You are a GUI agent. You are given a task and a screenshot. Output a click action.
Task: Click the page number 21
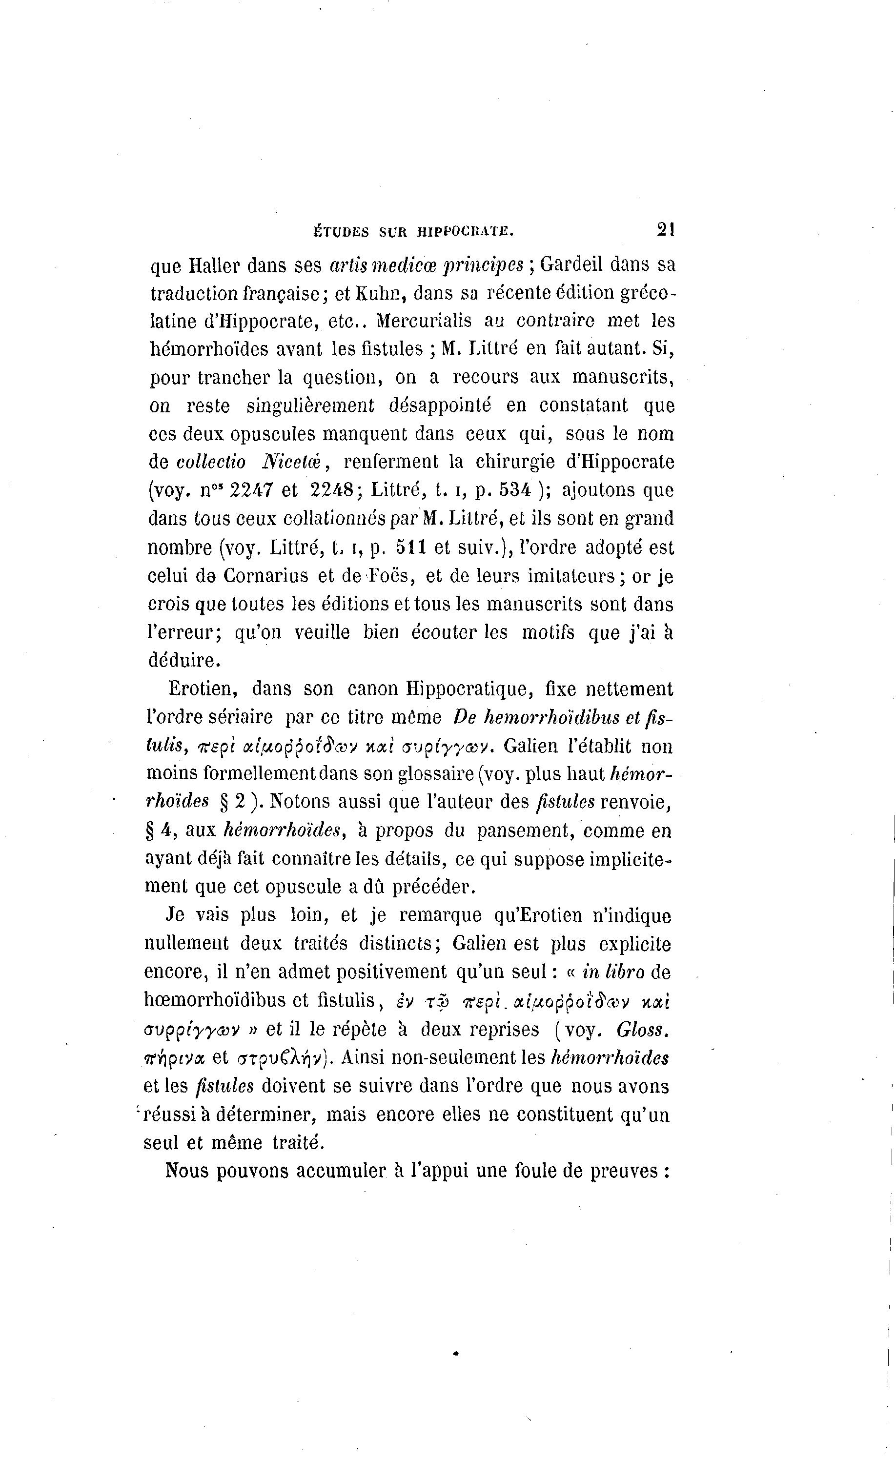point(666,230)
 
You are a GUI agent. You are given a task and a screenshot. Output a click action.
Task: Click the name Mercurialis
point(424,321)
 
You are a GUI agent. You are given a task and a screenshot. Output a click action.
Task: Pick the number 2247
point(251,490)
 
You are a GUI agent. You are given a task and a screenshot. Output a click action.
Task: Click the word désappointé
point(440,406)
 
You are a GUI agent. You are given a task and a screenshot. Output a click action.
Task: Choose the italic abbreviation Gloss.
point(643,1030)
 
